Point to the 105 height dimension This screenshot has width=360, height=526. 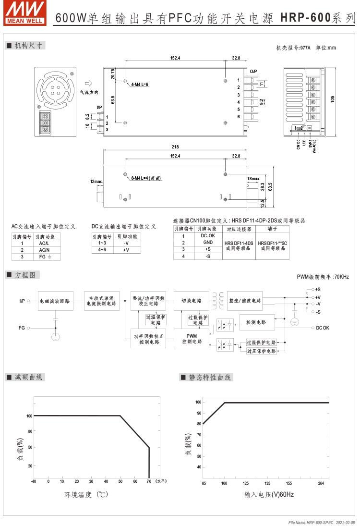[333, 99]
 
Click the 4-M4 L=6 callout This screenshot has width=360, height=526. [140, 84]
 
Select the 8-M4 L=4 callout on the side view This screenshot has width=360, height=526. [146, 178]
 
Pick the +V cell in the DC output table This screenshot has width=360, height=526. [126, 250]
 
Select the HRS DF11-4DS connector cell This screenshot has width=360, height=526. [239, 246]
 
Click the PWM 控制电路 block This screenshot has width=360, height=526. [192, 338]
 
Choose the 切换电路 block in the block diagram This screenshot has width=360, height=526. [191, 301]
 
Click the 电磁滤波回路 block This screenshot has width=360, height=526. [55, 301]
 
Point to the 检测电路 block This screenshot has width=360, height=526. [256, 322]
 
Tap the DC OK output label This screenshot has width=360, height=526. [323, 328]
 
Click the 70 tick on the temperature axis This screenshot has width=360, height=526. [149, 481]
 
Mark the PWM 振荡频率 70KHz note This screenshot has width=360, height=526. [323, 277]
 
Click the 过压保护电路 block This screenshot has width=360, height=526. [261, 351]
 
